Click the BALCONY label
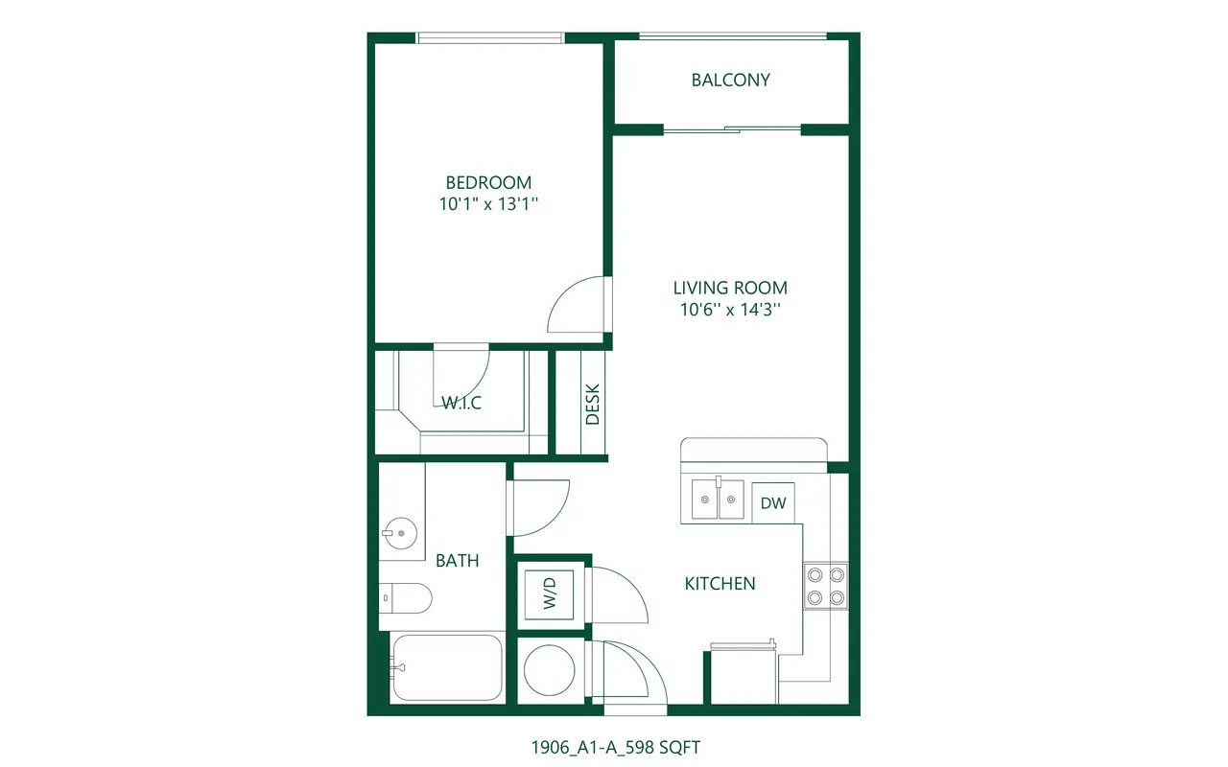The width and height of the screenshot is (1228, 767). (x=730, y=80)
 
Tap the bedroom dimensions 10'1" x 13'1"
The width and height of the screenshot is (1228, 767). (x=488, y=204)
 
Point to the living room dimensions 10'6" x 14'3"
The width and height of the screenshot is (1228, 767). (x=730, y=310)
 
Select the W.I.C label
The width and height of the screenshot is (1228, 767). (x=461, y=403)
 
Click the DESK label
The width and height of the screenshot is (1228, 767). (x=593, y=404)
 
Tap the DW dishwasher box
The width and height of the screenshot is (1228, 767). (x=773, y=503)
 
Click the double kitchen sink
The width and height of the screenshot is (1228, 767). (x=718, y=499)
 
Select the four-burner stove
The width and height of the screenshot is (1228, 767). (x=826, y=586)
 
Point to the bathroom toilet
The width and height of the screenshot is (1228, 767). (x=405, y=598)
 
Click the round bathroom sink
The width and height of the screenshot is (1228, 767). (x=400, y=533)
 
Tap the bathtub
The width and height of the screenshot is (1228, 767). (x=447, y=667)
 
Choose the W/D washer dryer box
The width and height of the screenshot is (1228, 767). (x=550, y=594)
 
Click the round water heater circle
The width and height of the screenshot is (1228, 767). (x=550, y=670)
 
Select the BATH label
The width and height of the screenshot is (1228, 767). (x=458, y=561)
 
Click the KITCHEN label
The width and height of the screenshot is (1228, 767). (x=720, y=584)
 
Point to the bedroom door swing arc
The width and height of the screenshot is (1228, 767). (x=564, y=292)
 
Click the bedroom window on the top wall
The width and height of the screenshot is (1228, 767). (x=490, y=37)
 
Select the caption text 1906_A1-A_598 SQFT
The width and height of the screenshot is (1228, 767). (x=616, y=747)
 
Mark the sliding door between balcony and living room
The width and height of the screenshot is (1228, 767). (x=732, y=129)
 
